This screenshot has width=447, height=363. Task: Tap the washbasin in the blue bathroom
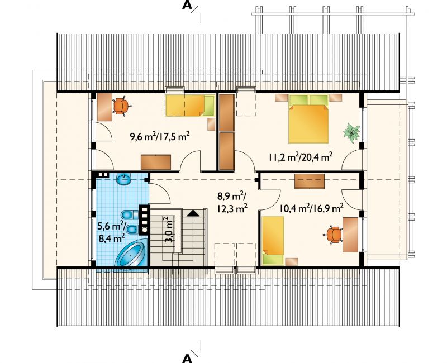123,179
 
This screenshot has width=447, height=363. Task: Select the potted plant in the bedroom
351,133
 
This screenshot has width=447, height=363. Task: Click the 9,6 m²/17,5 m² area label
160,137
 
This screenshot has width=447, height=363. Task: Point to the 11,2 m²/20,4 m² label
300,157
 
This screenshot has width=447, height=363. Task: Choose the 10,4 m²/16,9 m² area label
311,208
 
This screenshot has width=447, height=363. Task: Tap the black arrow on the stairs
193,213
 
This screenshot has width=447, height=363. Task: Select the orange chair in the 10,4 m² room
332,235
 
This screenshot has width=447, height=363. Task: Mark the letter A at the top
187,6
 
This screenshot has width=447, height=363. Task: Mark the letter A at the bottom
187,358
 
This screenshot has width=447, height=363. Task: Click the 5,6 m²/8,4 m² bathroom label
112,232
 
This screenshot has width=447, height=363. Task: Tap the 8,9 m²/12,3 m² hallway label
232,203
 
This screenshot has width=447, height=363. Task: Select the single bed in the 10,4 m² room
273,240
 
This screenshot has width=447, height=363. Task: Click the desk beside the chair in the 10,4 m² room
350,235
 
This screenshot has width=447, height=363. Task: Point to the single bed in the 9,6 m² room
190,106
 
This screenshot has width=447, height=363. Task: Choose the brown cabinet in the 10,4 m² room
310,181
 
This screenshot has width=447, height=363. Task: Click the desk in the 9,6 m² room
104,107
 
